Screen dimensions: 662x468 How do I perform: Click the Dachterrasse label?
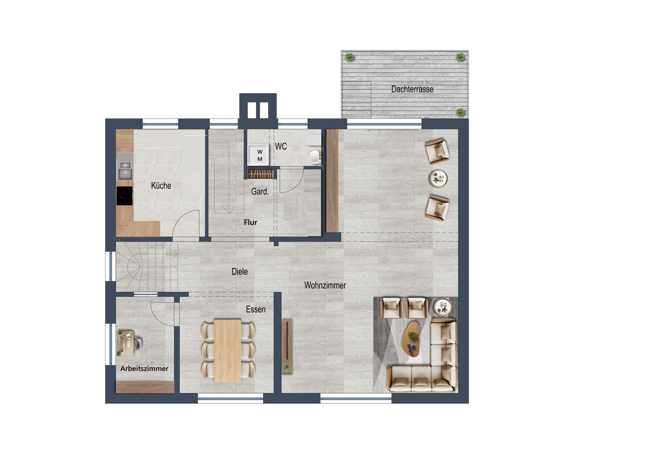click(x=412, y=89)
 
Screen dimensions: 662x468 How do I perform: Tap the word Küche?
click(x=161, y=185)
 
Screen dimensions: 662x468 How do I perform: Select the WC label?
click(x=281, y=146)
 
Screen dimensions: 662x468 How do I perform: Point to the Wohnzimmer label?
click(x=325, y=285)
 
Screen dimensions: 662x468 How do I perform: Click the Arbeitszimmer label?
click(x=144, y=369)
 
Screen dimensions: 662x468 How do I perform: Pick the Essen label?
click(x=256, y=309)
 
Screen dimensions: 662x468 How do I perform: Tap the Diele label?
click(x=240, y=272)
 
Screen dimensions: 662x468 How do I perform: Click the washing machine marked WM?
click(x=259, y=155)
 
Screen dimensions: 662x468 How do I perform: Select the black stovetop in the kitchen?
click(x=124, y=196)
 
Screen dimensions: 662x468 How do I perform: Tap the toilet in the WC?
click(x=314, y=140)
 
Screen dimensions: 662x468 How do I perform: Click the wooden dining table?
click(x=228, y=351)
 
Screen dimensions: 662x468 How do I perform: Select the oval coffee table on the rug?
click(x=412, y=340)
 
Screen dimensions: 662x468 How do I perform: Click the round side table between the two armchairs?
click(x=438, y=178)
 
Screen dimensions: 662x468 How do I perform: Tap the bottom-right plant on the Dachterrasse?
click(x=460, y=112)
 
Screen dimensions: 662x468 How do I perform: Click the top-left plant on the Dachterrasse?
click(x=350, y=57)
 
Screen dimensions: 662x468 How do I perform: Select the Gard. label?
click(x=260, y=192)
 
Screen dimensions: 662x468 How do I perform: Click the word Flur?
click(x=251, y=223)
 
